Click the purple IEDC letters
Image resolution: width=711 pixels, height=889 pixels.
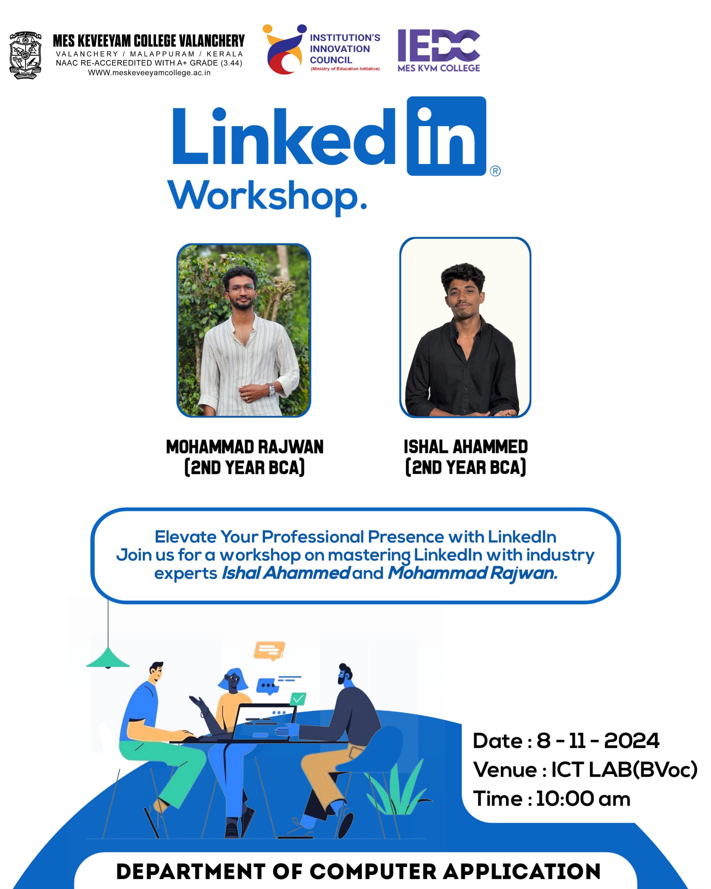pyautogui.click(x=438, y=45)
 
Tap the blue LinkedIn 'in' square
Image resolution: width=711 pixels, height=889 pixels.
pyautogui.click(x=446, y=136)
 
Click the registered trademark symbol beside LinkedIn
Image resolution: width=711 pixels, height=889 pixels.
pyautogui.click(x=495, y=171)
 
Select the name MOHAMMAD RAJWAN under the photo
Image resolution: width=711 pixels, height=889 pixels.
pyautogui.click(x=245, y=447)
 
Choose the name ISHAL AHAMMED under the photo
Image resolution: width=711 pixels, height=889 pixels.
pyautogui.click(x=466, y=447)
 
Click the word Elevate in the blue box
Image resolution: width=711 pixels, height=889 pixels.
pyautogui.click(x=185, y=537)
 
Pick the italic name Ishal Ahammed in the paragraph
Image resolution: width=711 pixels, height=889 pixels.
pyautogui.click(x=286, y=573)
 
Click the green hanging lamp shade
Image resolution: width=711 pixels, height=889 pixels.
pyautogui.click(x=108, y=657)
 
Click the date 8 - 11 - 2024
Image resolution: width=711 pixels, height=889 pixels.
pyautogui.click(x=598, y=741)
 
